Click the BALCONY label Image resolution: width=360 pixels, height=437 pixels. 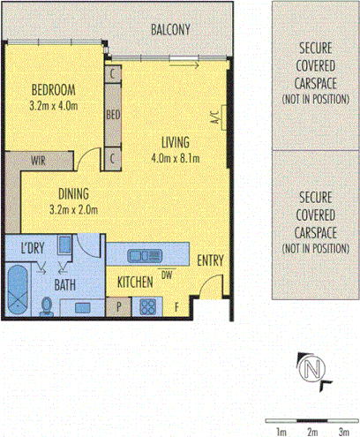coord(170,29)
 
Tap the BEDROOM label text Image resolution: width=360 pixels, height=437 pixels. coord(52,89)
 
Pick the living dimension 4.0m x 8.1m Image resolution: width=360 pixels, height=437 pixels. coord(176,159)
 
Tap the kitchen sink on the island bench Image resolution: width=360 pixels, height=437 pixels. coord(140,256)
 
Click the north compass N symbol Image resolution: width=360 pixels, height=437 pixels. coord(309,368)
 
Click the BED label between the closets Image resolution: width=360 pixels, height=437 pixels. coord(113,116)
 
